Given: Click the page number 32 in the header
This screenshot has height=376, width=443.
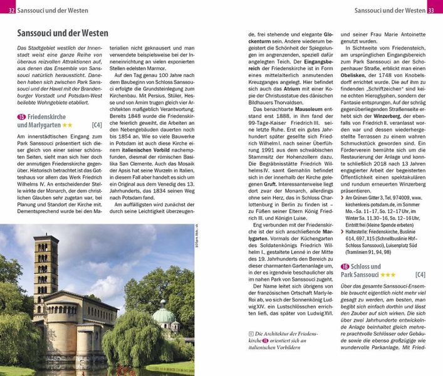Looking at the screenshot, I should tap(12, 10).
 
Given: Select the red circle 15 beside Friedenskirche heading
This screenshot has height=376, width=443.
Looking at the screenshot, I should tap(21, 116).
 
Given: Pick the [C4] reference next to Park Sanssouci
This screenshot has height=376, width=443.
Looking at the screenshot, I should tap(420, 275).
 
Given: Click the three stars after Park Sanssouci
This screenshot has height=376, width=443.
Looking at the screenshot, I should tap(388, 275).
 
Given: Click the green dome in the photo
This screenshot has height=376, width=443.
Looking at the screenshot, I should tap(164, 313).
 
